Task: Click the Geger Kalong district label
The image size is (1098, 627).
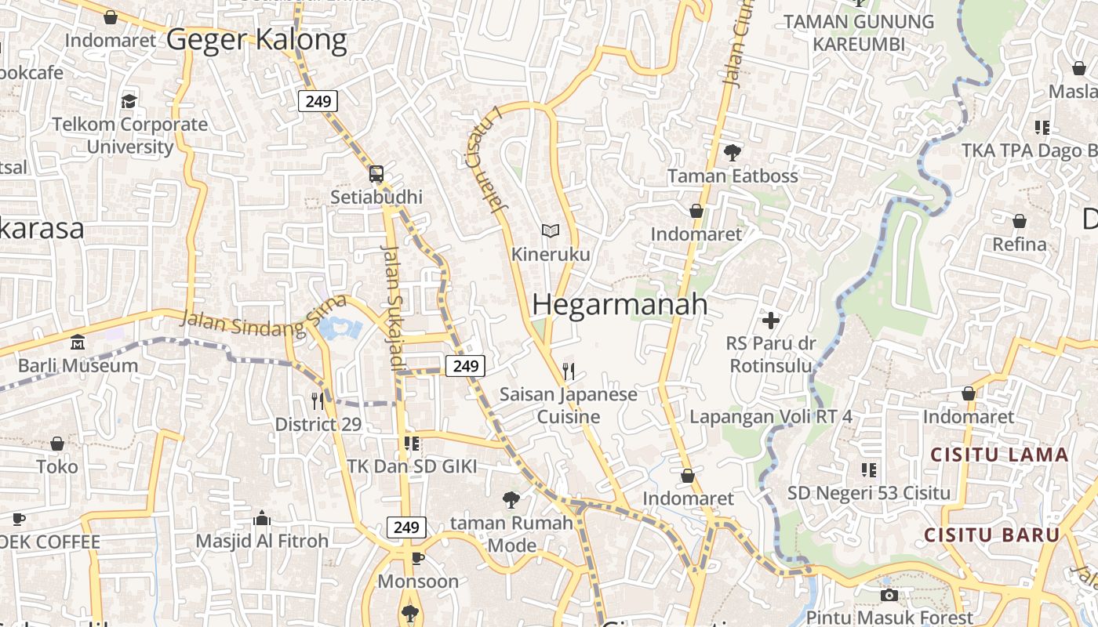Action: click(x=256, y=39)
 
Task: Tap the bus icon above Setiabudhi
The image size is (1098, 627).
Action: click(x=376, y=174)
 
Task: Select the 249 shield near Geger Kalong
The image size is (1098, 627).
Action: click(x=318, y=101)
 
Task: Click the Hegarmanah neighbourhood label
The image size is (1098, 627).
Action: click(x=620, y=305)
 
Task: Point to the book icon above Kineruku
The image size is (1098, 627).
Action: click(x=551, y=231)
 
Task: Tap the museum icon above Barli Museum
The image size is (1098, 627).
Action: click(x=78, y=342)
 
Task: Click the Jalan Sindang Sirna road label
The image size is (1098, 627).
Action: click(x=263, y=317)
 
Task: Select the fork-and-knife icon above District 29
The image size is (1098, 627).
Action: click(x=318, y=401)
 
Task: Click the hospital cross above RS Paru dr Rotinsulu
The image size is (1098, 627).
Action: click(x=771, y=320)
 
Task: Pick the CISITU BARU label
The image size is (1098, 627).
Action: click(x=991, y=535)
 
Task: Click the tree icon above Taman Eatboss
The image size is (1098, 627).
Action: click(x=733, y=153)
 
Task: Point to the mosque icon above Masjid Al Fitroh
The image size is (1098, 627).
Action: click(x=262, y=518)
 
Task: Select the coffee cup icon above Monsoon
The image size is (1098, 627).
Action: click(x=418, y=558)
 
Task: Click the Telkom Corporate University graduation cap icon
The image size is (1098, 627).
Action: click(x=129, y=101)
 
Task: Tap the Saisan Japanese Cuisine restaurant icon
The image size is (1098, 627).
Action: click(x=569, y=371)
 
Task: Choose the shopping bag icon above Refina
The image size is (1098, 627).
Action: click(x=1020, y=222)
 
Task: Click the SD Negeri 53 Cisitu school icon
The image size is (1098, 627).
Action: click(x=868, y=470)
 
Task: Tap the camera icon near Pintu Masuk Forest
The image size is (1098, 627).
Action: click(x=889, y=596)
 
